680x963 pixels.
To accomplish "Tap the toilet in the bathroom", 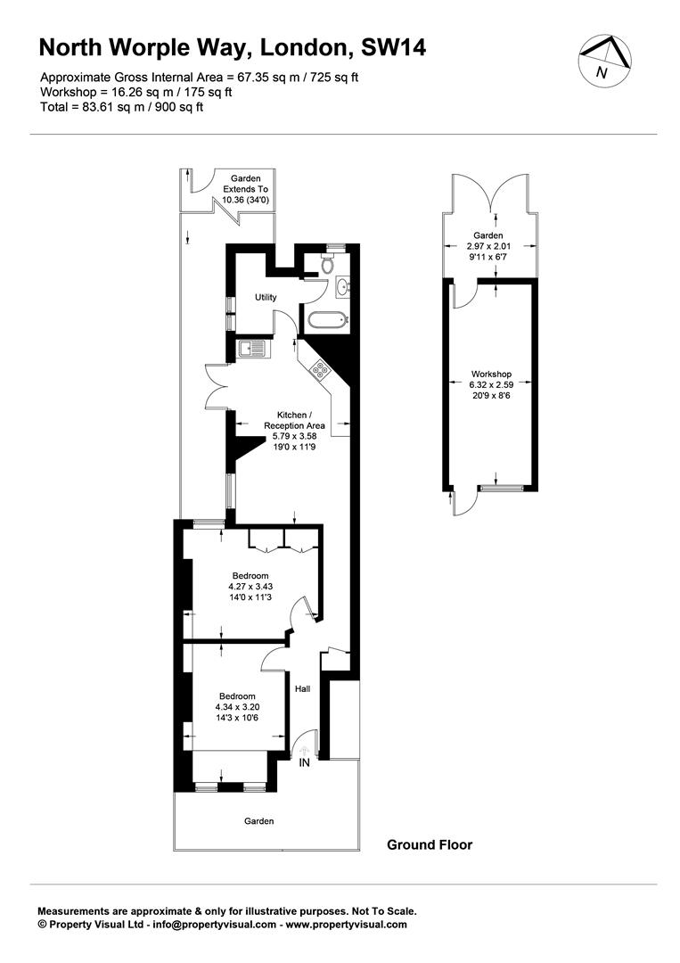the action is [x=328, y=263].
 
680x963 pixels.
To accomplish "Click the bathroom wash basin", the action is [x=342, y=287].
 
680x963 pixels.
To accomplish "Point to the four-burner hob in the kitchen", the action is [x=321, y=369].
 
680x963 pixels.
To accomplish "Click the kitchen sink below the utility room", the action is [x=250, y=350].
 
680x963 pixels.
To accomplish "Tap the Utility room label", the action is [x=266, y=297].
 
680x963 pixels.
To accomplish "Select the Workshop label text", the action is [x=491, y=374].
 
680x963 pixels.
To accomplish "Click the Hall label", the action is [x=302, y=688].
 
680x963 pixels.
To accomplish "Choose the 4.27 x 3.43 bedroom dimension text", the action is [x=250, y=587].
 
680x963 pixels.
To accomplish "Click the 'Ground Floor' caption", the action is [x=430, y=844].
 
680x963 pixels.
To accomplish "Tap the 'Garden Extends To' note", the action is [x=245, y=184].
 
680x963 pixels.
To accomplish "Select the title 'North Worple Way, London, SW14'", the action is [x=233, y=48].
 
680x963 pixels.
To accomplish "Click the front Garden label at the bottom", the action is [x=259, y=821].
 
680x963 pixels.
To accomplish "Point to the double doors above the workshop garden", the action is [x=489, y=193].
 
